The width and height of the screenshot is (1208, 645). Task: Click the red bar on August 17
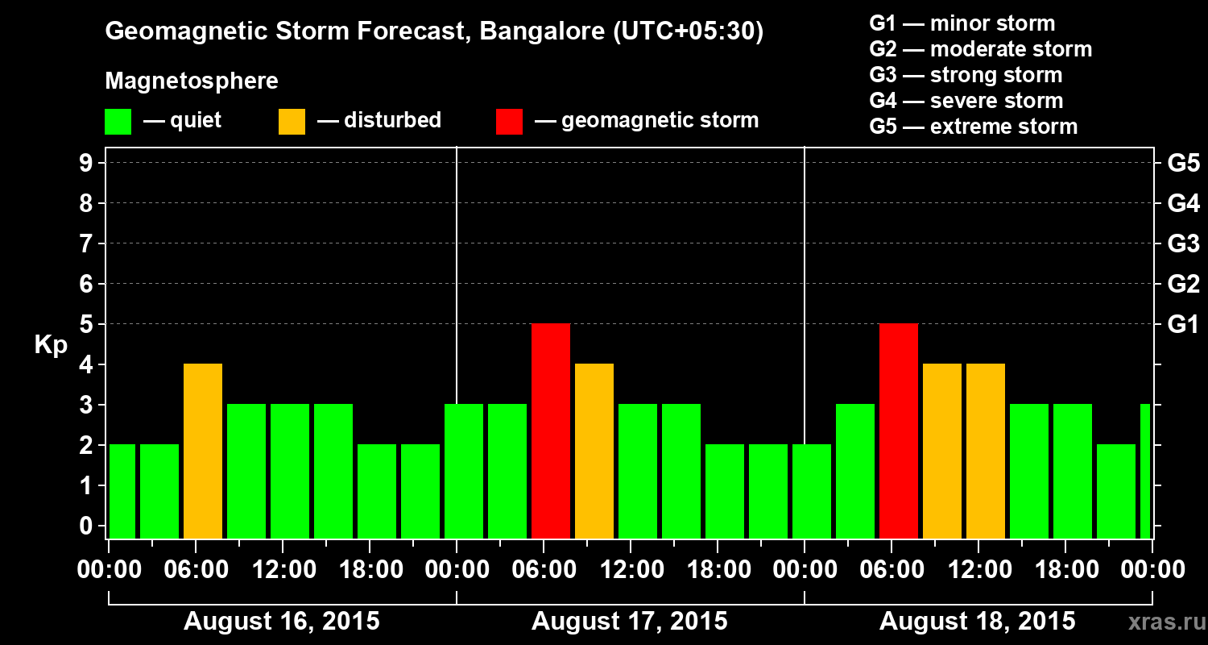[x=551, y=431]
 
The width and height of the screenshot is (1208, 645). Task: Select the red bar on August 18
[x=899, y=431]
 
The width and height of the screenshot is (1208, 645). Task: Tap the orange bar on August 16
[x=203, y=451]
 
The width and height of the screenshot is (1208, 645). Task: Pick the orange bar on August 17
[x=594, y=451]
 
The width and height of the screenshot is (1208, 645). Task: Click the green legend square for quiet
[x=118, y=122]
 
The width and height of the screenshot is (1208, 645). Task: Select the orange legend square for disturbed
[x=292, y=122]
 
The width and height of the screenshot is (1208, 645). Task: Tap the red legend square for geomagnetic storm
[x=509, y=122]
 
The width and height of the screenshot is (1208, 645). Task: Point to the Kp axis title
[x=51, y=345]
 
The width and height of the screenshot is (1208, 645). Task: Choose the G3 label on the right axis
[x=1183, y=243]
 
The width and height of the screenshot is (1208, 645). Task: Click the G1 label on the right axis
[x=1183, y=324]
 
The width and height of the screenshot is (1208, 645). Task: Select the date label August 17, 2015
[x=629, y=622]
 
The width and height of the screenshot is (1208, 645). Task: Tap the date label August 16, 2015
[x=281, y=622]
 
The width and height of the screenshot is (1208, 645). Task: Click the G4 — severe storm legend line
[x=966, y=101]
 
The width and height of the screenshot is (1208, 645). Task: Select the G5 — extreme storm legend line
[x=973, y=127]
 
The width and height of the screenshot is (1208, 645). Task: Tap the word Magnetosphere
[x=191, y=81]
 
